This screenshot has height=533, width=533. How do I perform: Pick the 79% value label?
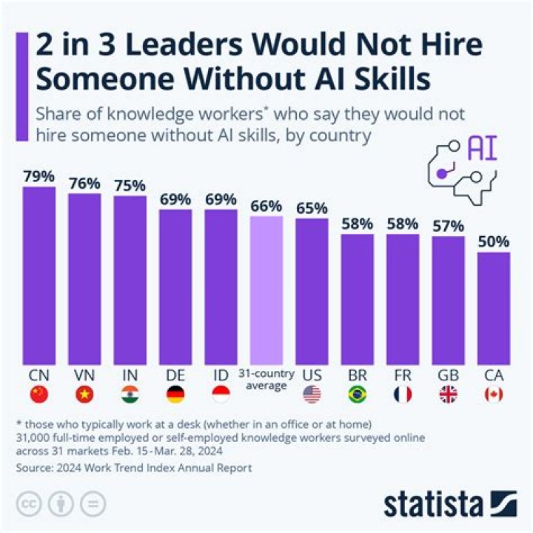coord(39,177)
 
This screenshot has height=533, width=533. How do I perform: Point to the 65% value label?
coord(312,208)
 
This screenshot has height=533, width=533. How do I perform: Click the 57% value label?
coord(448,226)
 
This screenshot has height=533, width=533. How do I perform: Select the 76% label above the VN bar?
coord(84,184)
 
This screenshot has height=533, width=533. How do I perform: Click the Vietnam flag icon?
coord(84,395)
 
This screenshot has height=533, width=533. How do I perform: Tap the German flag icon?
coord(175,395)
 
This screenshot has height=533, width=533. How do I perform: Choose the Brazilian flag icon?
coord(357,395)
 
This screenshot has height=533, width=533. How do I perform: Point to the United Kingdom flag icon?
coord(448,395)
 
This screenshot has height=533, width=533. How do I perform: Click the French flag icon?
coord(403,395)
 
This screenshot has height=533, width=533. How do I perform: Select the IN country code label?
coord(130,375)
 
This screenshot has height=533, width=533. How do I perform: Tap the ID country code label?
coord(221,375)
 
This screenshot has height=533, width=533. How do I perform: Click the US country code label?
coord(312,375)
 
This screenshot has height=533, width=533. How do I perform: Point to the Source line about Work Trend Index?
coord(134,468)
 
